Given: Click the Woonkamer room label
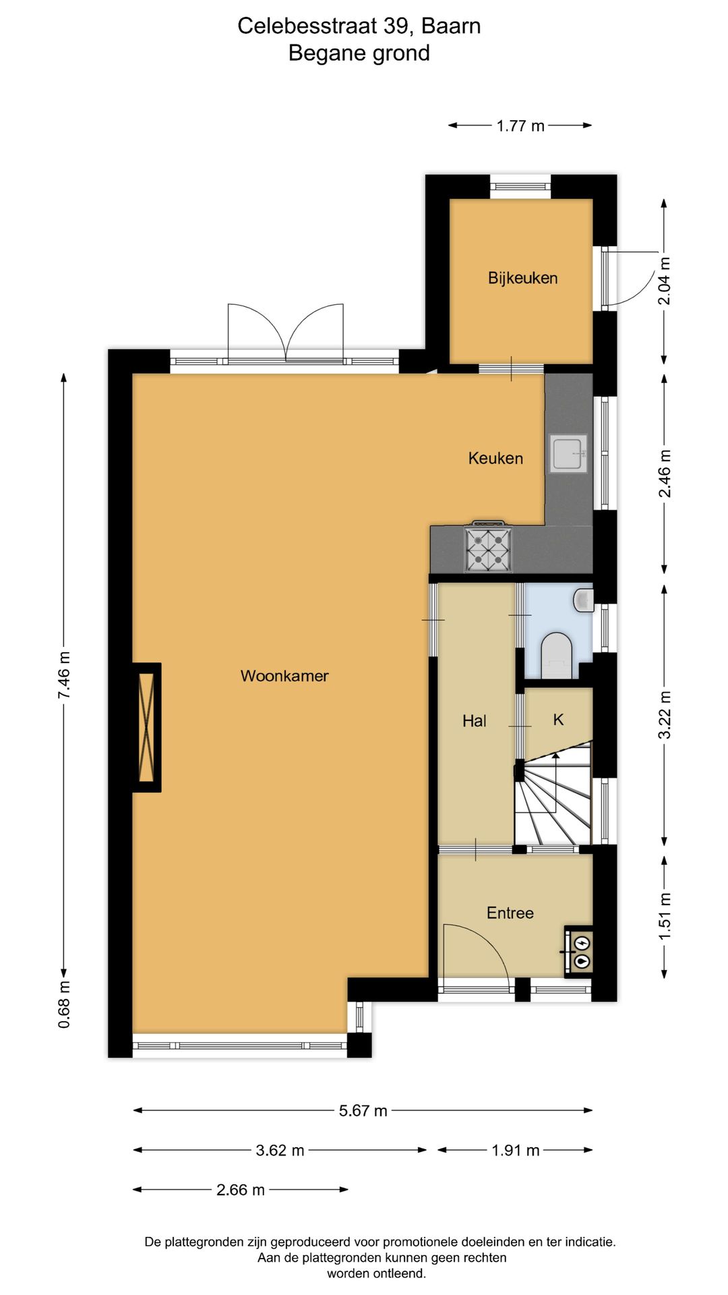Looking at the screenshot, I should pyautogui.click(x=284, y=676).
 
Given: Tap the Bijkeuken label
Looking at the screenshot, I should pyautogui.click(x=522, y=278).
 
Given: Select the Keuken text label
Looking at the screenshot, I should pyautogui.click(x=495, y=458).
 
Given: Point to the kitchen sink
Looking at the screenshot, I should pyautogui.click(x=568, y=454).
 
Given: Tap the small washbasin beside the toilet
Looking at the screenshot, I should pyautogui.click(x=584, y=599).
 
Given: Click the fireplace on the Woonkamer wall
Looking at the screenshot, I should pyautogui.click(x=146, y=727).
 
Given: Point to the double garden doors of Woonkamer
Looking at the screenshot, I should pyautogui.click(x=286, y=334).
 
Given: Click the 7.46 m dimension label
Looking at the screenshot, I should pyautogui.click(x=63, y=674).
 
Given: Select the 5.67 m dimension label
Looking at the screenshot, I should pyautogui.click(x=363, y=1111).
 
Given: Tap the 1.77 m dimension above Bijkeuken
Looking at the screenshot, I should pyautogui.click(x=520, y=125).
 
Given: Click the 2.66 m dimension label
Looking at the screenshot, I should pyautogui.click(x=241, y=1190).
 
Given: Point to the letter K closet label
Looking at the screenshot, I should pyautogui.click(x=558, y=720).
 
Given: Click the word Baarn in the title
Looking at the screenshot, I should pyautogui.click(x=451, y=26).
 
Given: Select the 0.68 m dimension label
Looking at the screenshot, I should pyautogui.click(x=63, y=1004).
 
